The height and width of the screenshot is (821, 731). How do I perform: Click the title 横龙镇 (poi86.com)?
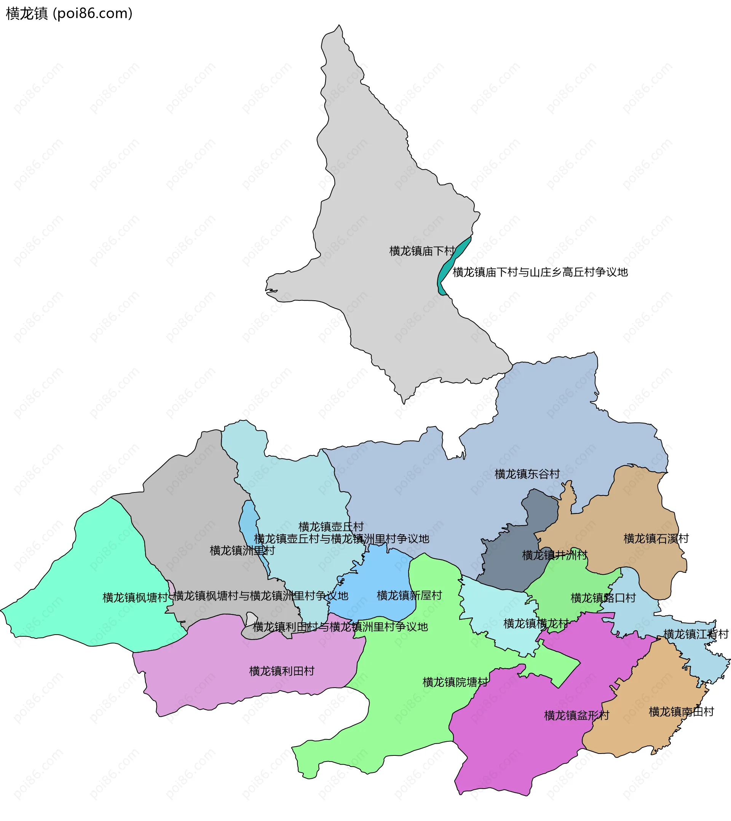(69, 14)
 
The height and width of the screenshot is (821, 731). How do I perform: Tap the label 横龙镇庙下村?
(422, 251)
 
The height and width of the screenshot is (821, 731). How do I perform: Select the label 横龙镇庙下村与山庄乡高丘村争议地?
(540, 273)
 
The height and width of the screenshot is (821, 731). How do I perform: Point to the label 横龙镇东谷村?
(527, 475)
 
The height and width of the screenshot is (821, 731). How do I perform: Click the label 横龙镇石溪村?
(656, 539)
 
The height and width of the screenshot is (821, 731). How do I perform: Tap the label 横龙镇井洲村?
(554, 556)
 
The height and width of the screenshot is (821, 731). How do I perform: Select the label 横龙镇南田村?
(681, 712)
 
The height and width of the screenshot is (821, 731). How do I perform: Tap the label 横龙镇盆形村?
(576, 716)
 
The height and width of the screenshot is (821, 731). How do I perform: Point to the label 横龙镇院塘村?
(455, 682)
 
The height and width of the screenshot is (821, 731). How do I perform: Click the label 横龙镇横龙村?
(536, 624)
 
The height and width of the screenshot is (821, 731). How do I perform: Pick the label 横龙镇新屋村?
(409, 596)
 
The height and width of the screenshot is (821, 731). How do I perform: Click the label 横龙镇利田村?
(282, 672)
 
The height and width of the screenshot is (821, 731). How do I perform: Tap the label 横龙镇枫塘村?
(135, 598)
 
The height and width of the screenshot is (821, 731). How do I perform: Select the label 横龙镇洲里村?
(242, 551)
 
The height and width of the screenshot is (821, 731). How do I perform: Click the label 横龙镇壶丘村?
(330, 527)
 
